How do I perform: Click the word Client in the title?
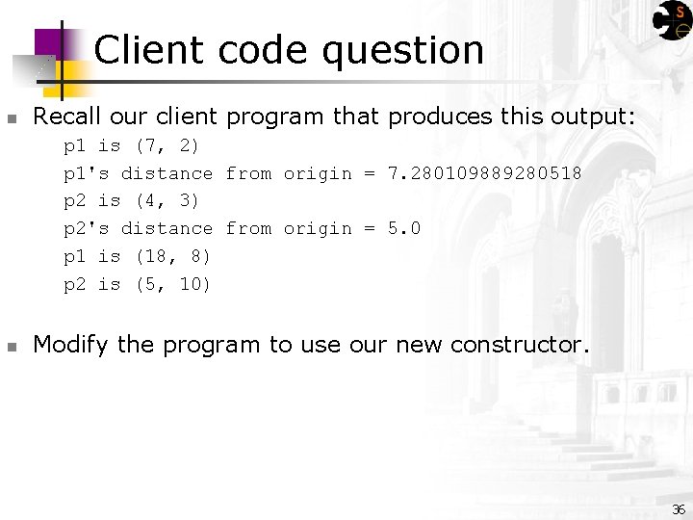(x=150, y=50)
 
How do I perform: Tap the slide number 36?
(x=679, y=509)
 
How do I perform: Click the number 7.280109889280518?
(x=484, y=173)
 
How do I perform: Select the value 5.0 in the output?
(x=404, y=228)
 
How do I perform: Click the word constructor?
(x=519, y=345)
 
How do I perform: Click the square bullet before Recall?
(x=12, y=119)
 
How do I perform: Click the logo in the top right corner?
(x=672, y=20)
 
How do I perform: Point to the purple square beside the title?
(x=48, y=43)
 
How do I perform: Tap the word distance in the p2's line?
(x=167, y=228)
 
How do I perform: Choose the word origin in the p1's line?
(x=318, y=173)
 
